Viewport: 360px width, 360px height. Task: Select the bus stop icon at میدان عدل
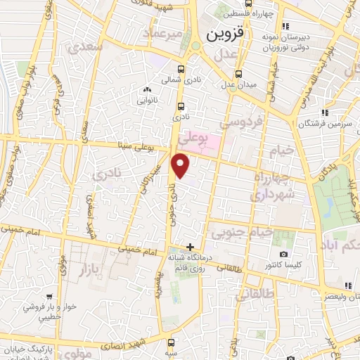click(238, 73)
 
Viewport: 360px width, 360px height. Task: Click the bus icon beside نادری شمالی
click(181, 69)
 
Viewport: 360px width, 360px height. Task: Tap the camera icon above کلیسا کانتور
click(283, 254)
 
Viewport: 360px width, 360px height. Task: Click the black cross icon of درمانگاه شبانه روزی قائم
click(190, 246)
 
